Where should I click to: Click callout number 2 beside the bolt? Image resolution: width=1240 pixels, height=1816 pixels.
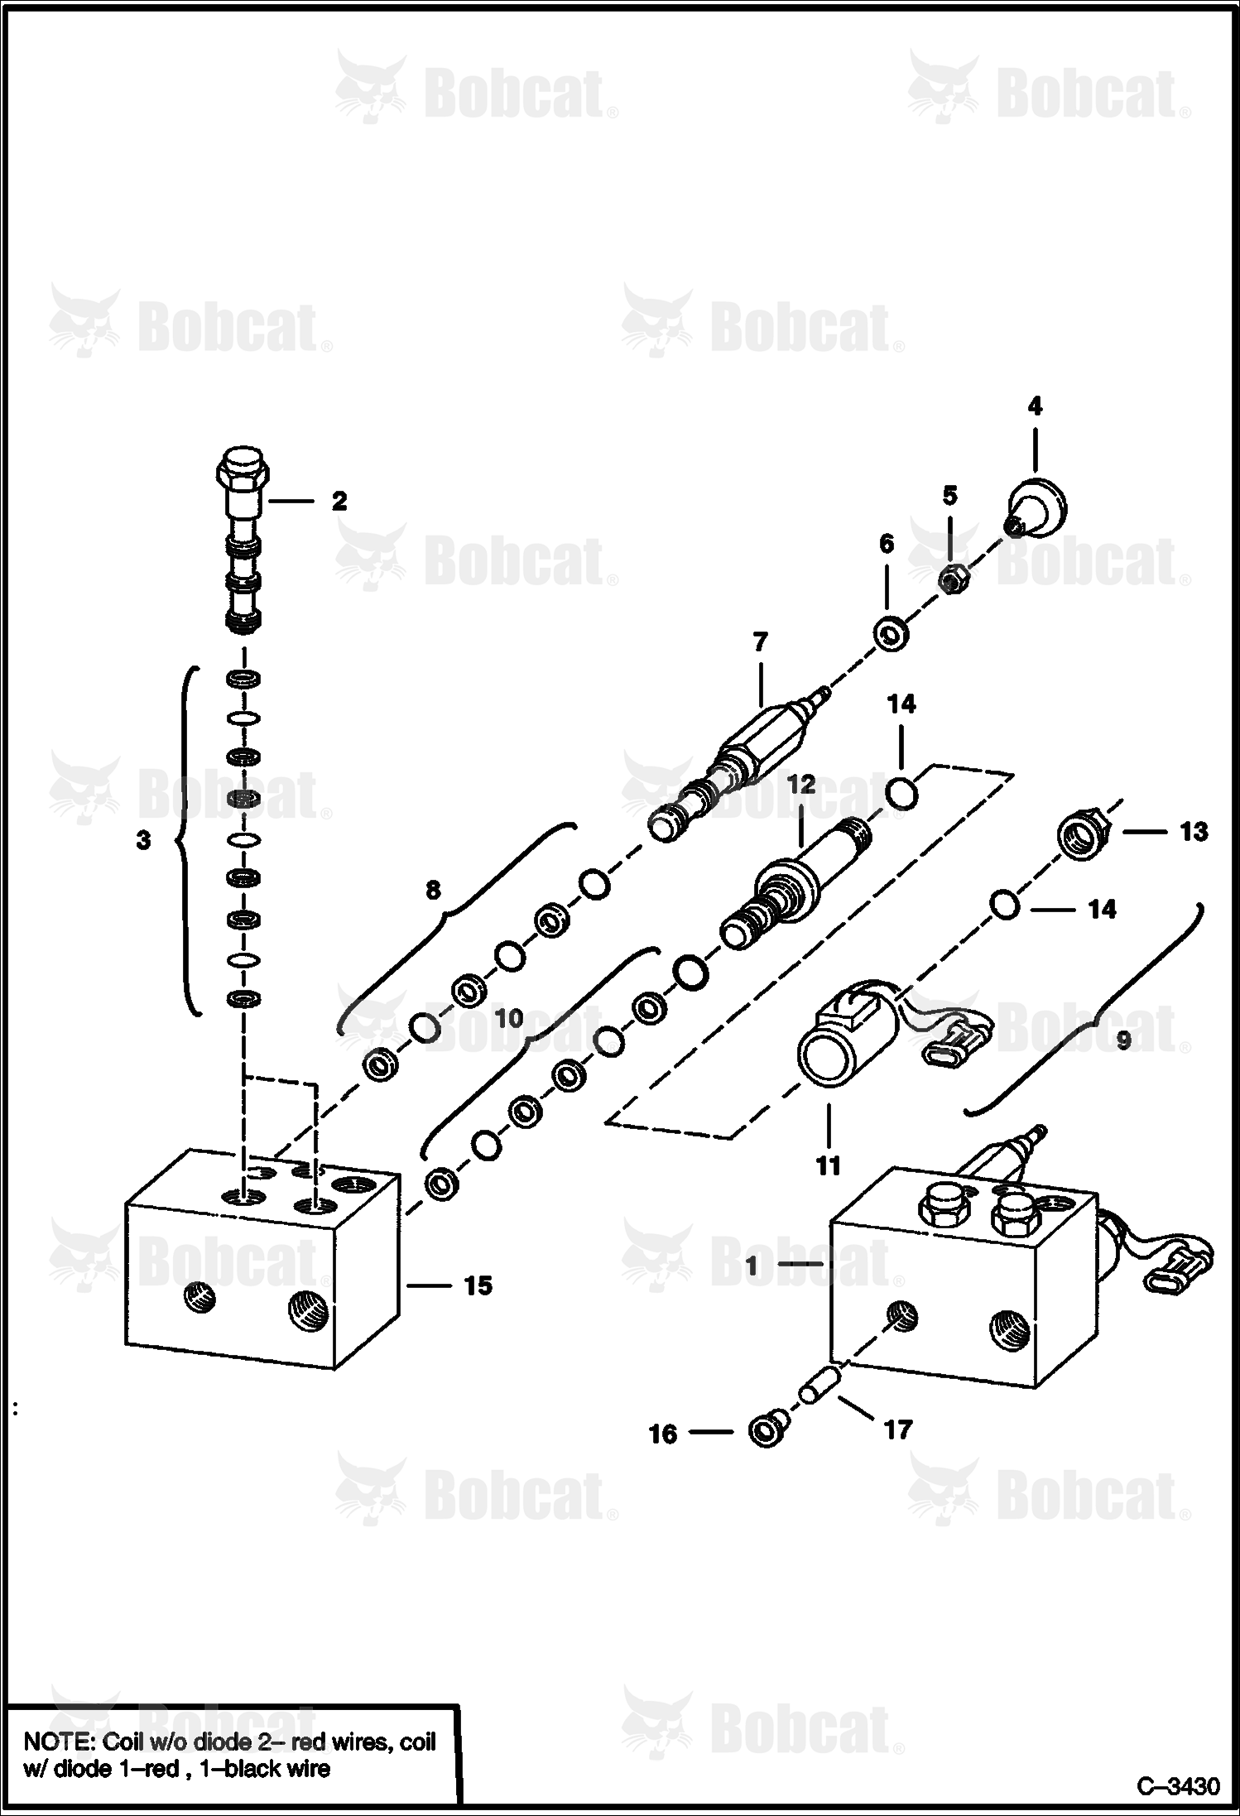pos(339,501)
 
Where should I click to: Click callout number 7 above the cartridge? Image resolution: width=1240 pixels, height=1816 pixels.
pos(760,641)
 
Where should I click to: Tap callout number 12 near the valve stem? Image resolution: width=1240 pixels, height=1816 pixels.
pos(800,784)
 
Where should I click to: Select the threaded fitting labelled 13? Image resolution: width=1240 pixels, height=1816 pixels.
pos(1083,838)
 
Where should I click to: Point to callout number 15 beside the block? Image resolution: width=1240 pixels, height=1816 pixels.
pos(478,1285)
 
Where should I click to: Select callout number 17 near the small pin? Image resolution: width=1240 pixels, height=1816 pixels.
pos(898,1429)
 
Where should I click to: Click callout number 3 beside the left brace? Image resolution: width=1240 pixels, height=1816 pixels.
pos(143,840)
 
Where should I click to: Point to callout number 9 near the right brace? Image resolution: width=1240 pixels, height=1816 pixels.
pos(1123,1040)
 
